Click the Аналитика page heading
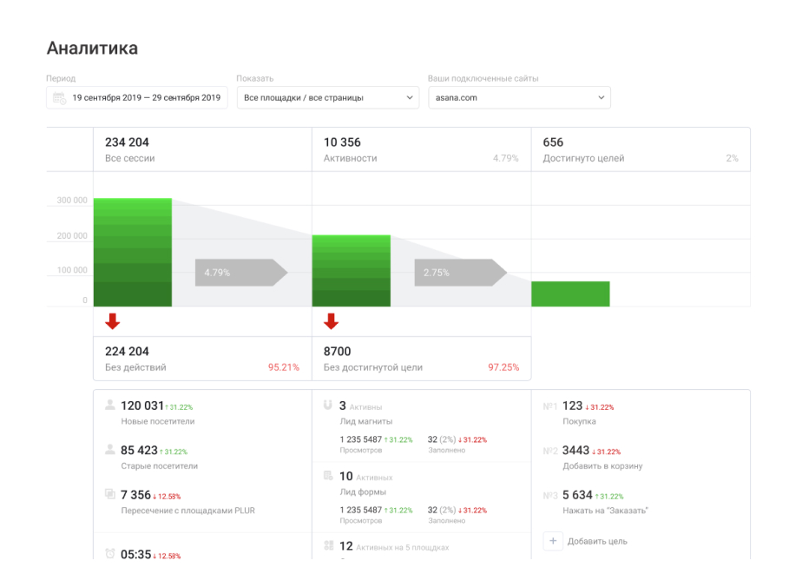point(92,49)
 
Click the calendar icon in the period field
point(59,98)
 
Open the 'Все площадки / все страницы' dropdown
point(327,98)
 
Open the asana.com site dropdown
point(519,98)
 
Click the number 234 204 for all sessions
point(127,142)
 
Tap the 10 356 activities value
point(342,142)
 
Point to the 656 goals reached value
point(553,142)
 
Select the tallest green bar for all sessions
point(132,252)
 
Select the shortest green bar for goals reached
point(570,293)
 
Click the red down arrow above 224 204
point(113,321)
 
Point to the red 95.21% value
point(283,367)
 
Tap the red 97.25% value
point(503,367)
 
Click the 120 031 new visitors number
point(142,406)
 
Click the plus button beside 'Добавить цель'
point(552,541)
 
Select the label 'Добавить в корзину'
point(602,466)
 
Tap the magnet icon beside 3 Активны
point(328,405)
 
